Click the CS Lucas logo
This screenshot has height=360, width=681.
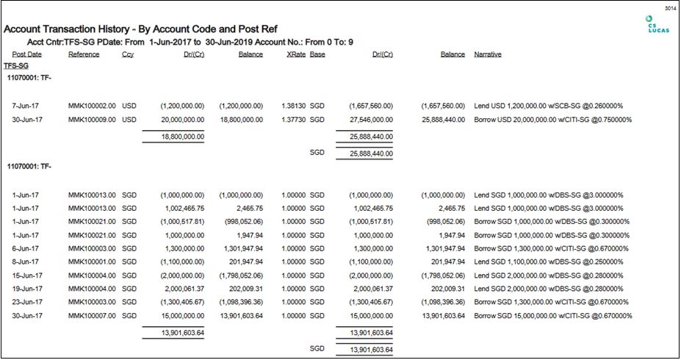pos(649,24)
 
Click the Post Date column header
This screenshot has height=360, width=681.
pos(27,54)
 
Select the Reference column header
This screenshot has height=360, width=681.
pos(84,54)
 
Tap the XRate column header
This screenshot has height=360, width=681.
pos(295,54)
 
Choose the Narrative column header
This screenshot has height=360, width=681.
pos(488,54)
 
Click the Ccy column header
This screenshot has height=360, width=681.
pos(128,54)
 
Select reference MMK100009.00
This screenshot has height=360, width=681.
pos(92,119)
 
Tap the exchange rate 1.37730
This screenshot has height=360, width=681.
pos(292,119)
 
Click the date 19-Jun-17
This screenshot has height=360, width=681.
pos(27,288)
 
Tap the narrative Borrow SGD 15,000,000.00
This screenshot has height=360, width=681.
pos(552,315)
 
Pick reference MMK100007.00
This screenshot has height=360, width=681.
pos(92,315)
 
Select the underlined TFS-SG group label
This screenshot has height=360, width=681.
pos(15,65)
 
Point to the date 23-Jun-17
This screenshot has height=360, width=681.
pos(27,301)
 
